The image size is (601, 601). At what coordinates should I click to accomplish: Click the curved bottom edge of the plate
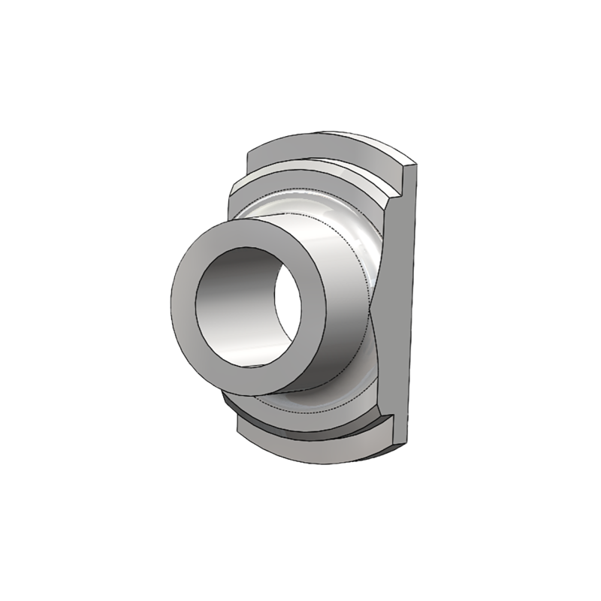tap(323, 460)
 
